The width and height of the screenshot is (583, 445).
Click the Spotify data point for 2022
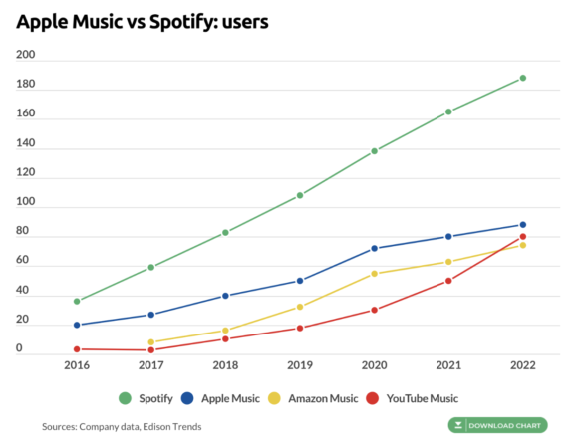pyautogui.click(x=522, y=78)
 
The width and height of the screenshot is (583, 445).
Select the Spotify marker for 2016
pyautogui.click(x=77, y=301)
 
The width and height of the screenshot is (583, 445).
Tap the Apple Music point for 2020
pyautogui.click(x=374, y=248)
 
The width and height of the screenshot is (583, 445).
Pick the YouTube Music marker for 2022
pyautogui.click(x=522, y=237)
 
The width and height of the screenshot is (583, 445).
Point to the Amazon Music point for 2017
pyautogui.click(x=151, y=342)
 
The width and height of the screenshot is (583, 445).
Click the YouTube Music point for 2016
pyautogui.click(x=77, y=349)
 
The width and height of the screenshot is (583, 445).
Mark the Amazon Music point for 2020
pyautogui.click(x=374, y=274)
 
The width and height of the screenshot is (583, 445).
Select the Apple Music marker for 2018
pyautogui.click(x=225, y=296)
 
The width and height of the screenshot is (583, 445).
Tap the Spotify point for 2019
pyautogui.click(x=300, y=195)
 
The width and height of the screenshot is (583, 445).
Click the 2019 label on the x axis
pyautogui.click(x=300, y=366)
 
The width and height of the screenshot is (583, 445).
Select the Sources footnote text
pyautogui.click(x=122, y=427)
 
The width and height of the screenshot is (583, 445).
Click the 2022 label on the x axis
pyautogui.click(x=522, y=366)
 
